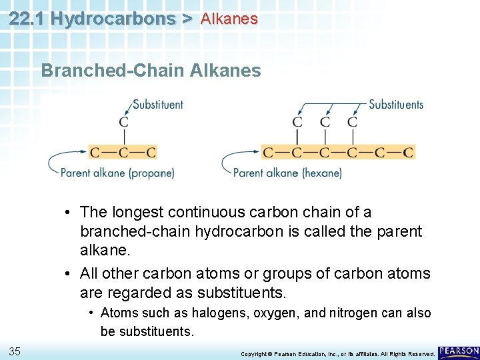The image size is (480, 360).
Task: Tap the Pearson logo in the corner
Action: pos(459,351)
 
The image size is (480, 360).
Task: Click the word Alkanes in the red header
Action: pos(229,19)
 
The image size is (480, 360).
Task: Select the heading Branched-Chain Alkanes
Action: pos(151,70)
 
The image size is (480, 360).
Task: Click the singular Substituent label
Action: pos(158,104)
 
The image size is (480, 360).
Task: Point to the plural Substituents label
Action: pos(396,104)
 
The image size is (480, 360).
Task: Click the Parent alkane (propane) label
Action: pos(117,173)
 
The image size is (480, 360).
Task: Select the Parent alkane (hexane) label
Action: pos(287,173)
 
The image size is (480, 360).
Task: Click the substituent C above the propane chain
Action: pos(123,122)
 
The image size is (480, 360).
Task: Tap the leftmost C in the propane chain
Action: pos(95,153)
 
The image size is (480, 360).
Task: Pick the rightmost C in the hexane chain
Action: pos(408,153)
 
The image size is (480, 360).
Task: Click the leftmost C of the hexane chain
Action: pos(268,153)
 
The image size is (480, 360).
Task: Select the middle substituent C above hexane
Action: pos(325,122)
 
